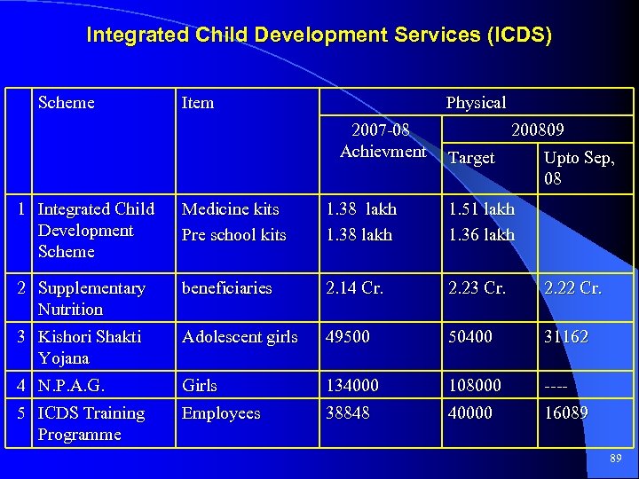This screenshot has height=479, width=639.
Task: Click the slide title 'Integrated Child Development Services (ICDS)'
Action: click(319, 35)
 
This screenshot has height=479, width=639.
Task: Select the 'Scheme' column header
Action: click(67, 103)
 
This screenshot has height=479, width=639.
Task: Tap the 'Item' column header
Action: click(197, 103)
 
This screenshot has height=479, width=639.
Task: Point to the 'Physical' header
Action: click(476, 103)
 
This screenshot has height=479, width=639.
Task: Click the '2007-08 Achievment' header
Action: click(382, 141)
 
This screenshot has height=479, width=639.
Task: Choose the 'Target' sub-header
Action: click(471, 158)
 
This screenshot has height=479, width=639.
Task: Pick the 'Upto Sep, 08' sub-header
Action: click(578, 169)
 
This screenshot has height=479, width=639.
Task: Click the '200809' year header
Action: click(537, 130)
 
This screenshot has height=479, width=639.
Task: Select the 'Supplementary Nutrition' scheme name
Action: click(91, 299)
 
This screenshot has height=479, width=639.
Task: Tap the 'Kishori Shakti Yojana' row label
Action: click(90, 348)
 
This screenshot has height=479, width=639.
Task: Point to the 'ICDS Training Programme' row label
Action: click(91, 424)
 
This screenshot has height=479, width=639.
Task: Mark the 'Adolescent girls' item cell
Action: click(241, 337)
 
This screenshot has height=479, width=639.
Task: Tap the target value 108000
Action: click(475, 386)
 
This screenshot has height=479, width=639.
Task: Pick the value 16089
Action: click(565, 413)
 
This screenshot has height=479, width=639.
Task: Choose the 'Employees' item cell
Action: click(221, 413)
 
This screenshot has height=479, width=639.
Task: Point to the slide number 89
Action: click(616, 459)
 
